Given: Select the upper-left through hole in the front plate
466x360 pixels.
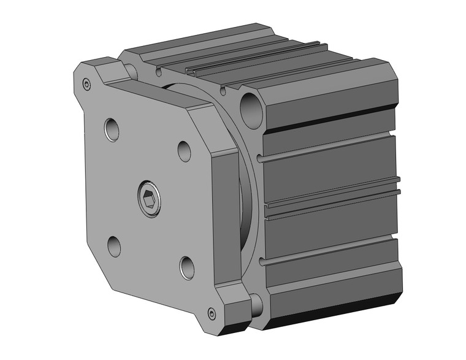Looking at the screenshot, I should point(112,129).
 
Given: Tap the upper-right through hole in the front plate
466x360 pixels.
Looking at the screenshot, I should point(185,150).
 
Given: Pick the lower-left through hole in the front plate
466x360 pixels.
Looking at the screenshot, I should point(115,245).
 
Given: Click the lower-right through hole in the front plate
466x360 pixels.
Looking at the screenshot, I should point(187,267).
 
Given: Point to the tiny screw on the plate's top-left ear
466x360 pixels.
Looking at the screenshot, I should point(86,84).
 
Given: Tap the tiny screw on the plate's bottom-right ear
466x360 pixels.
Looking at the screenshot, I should point(212,313).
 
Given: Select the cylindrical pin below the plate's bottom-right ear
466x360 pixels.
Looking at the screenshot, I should point(256,305).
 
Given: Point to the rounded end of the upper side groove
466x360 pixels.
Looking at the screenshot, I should point(262,159).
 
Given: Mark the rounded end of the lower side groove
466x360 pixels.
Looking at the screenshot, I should point(262,262).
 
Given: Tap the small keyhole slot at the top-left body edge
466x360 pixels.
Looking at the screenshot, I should point(159,72).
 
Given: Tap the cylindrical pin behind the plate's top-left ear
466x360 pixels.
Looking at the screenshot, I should point(131,70).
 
